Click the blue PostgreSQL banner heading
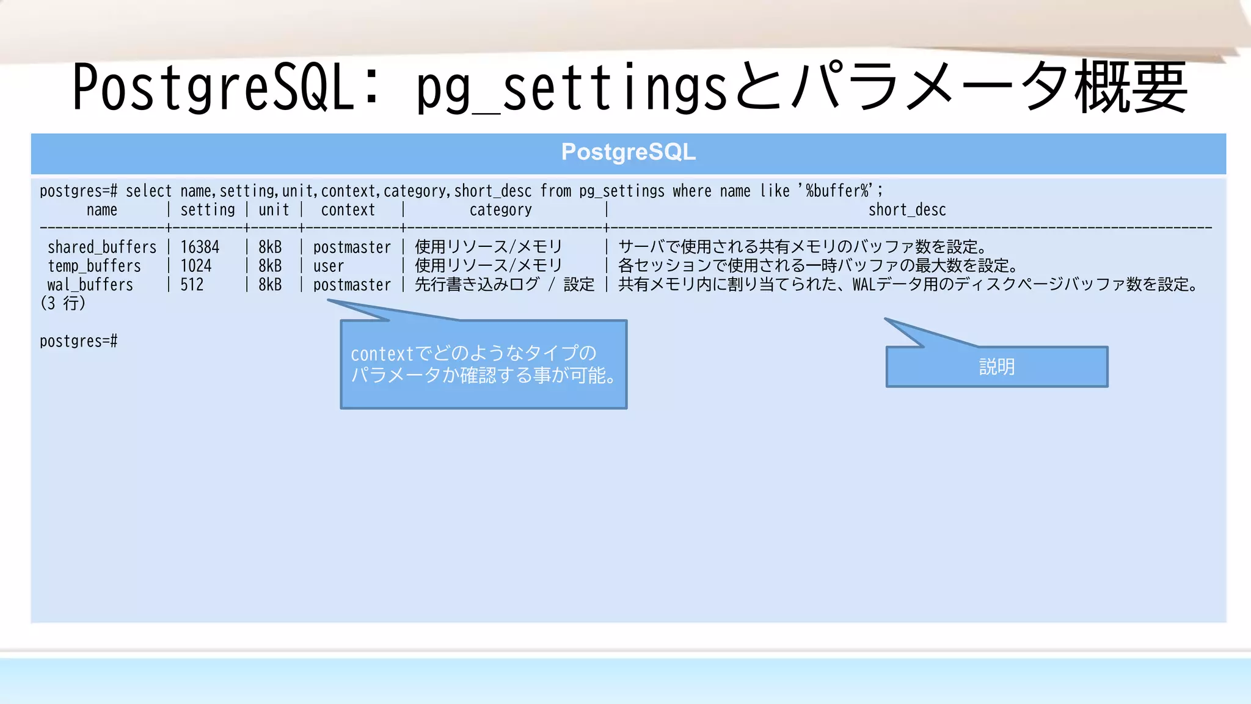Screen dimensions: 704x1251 coord(628,153)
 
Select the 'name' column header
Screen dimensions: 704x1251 coord(101,210)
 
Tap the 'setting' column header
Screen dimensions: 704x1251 coord(208,210)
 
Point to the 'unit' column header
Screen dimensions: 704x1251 coord(274,210)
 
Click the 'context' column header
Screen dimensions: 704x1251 coord(348,210)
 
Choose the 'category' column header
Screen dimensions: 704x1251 coord(500,210)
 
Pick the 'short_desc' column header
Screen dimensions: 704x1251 coord(907,210)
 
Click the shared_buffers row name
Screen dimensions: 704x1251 coord(102,248)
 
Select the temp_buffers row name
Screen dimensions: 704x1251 coord(94,266)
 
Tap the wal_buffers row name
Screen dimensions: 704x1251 coord(90,285)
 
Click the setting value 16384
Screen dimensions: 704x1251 coord(200,248)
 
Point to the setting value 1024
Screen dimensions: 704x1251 coord(196,266)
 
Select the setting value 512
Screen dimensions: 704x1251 coord(192,285)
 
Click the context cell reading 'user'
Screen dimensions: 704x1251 coord(329,266)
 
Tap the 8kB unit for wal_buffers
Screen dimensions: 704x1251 coord(270,285)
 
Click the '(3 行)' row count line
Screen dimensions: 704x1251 coord(63,304)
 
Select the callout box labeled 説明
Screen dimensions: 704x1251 coord(997,367)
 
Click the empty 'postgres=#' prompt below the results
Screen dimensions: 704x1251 coord(79,341)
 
